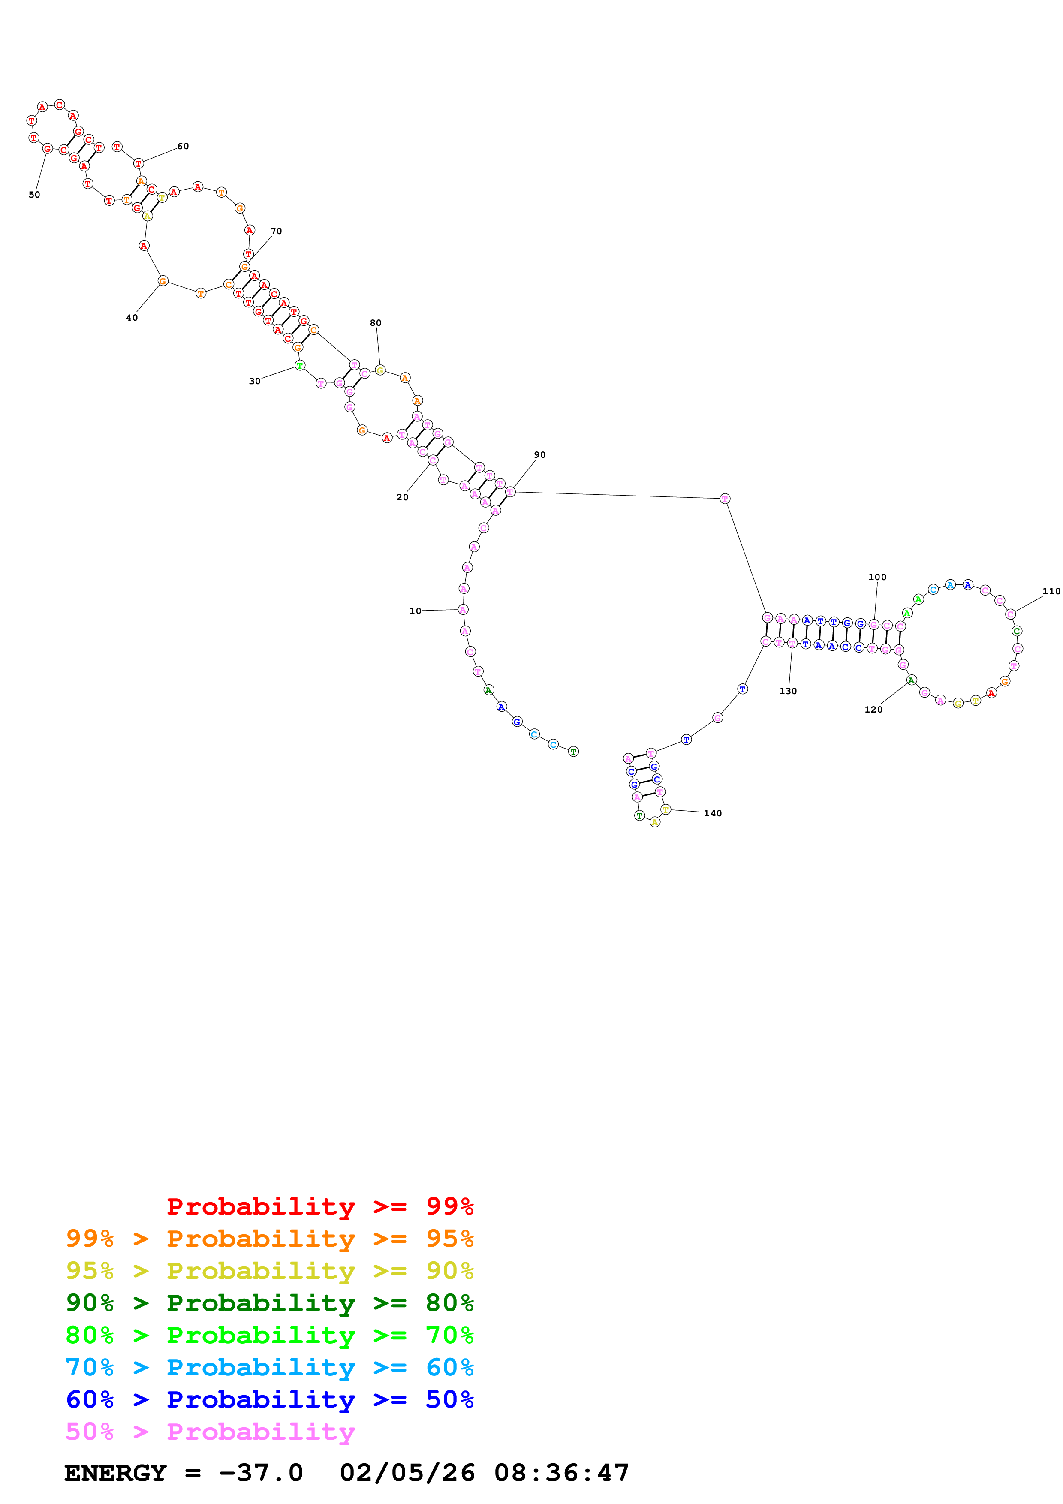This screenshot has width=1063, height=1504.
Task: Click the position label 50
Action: [34, 195]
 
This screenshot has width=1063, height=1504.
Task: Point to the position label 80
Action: [375, 322]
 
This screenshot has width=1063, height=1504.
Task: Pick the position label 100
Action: [877, 577]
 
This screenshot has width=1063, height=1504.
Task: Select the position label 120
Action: [873, 710]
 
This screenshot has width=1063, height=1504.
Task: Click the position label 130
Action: [787, 691]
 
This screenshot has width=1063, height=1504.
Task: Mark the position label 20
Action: [402, 497]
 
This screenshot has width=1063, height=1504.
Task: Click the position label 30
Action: [254, 381]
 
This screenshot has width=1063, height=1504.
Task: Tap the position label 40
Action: [132, 318]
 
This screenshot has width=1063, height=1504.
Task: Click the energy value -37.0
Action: [261, 1473]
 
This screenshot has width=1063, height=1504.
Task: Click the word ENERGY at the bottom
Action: [115, 1473]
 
